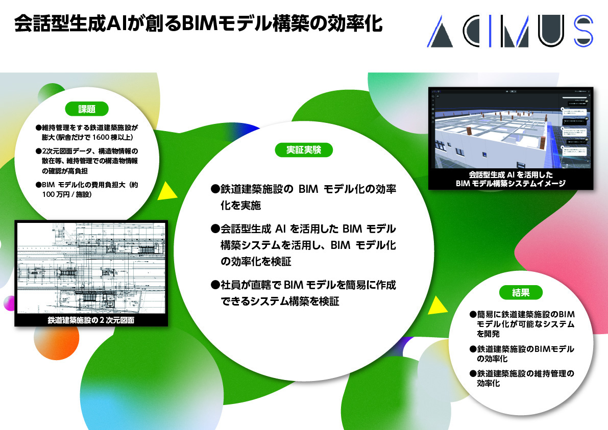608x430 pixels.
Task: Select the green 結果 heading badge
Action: click(520, 293)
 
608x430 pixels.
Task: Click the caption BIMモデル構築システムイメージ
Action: click(511, 184)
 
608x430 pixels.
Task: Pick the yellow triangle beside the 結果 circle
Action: click(437, 305)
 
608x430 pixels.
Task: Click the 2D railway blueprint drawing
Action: click(91, 268)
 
